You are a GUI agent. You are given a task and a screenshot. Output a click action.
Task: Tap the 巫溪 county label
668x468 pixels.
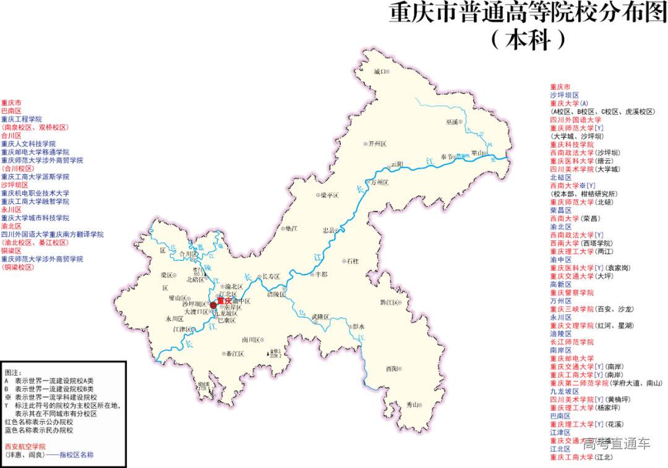[x=452, y=122]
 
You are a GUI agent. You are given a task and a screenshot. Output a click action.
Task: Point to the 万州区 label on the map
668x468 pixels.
[x=379, y=182]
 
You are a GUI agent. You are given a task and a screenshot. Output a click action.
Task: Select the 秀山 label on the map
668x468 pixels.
[x=413, y=404]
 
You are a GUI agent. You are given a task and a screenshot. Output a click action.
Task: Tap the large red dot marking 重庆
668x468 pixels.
[x=213, y=305]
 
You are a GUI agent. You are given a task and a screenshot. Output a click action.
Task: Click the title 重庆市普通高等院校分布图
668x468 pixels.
[x=528, y=14]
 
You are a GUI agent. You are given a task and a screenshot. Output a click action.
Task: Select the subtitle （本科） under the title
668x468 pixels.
[x=528, y=40]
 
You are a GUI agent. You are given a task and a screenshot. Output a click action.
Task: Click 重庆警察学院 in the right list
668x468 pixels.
[x=572, y=292]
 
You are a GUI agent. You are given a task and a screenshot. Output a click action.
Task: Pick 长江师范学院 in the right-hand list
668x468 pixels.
[x=572, y=342]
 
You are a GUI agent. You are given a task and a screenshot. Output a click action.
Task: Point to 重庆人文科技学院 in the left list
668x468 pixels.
[x=28, y=143]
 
